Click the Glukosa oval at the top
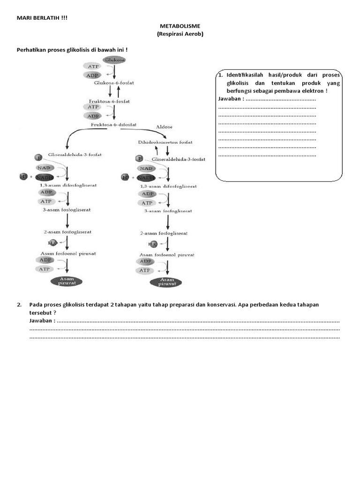(114, 60)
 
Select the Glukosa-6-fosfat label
(114, 83)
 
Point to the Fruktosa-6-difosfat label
(114, 124)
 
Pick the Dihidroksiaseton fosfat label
(165, 142)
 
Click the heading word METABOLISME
(180, 27)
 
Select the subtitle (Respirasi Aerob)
(180, 35)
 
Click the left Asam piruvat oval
(67, 281)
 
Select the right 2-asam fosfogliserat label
(164, 233)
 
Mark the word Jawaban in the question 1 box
(230, 99)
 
